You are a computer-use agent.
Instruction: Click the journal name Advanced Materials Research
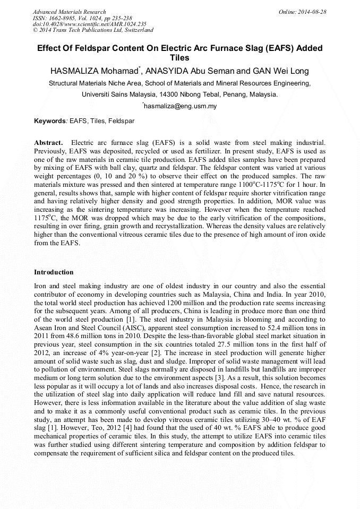(x=69, y=12)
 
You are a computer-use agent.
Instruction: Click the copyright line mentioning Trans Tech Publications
(x=93, y=30)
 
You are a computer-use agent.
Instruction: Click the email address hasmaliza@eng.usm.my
(x=181, y=106)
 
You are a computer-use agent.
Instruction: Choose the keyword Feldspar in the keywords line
(x=122, y=121)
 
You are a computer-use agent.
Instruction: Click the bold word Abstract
(x=48, y=143)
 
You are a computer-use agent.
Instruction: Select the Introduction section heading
(x=54, y=272)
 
